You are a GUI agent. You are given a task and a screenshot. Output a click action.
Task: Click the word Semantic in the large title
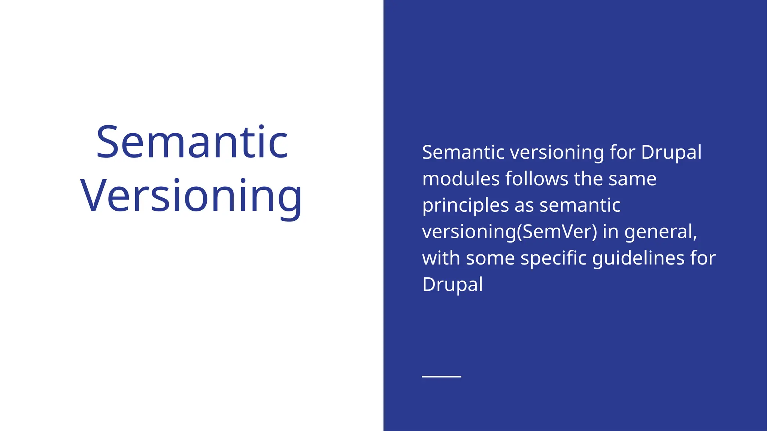click(192, 142)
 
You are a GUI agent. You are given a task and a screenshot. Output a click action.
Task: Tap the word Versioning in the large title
click(191, 196)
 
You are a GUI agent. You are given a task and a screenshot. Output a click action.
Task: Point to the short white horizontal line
click(441, 376)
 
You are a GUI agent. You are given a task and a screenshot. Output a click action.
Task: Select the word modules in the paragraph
click(460, 179)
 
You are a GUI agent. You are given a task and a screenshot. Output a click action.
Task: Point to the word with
click(440, 258)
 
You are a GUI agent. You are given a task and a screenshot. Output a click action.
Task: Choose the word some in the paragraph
click(490, 258)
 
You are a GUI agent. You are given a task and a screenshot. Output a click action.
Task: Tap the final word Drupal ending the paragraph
click(452, 285)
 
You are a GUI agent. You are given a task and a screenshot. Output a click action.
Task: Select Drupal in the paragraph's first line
click(671, 153)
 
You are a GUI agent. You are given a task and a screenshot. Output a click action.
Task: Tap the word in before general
click(610, 232)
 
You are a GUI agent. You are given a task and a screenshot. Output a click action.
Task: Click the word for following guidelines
click(703, 258)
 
